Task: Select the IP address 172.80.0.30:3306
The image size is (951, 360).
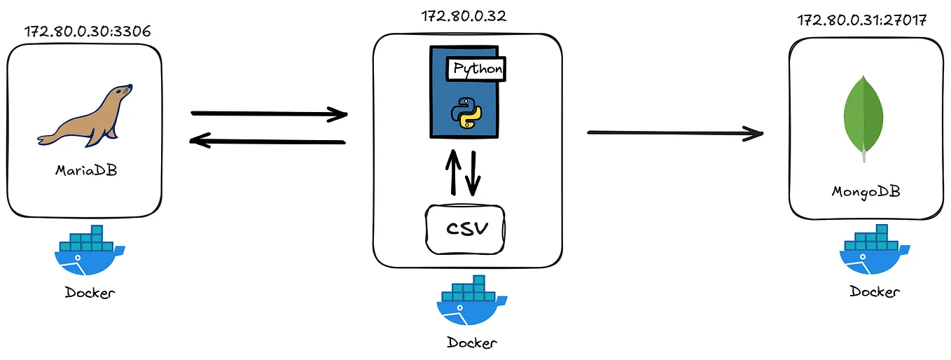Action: coord(88,32)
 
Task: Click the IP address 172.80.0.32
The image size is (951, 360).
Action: coord(464,15)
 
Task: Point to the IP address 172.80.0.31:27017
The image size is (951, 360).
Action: coord(862,20)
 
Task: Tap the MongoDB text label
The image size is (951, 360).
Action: coord(866,191)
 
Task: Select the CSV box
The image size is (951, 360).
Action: coord(466,229)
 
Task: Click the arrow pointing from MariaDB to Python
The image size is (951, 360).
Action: coord(269,113)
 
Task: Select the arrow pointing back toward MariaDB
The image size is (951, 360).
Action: coord(269,141)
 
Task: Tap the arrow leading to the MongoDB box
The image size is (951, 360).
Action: coord(674,132)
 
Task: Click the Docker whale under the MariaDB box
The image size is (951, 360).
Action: coord(88,254)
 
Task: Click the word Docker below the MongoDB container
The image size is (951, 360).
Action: coord(875,292)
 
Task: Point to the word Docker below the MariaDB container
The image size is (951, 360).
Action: coord(90,293)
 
